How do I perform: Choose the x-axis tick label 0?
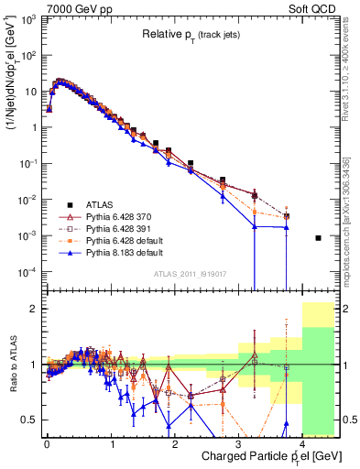(47, 441)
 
